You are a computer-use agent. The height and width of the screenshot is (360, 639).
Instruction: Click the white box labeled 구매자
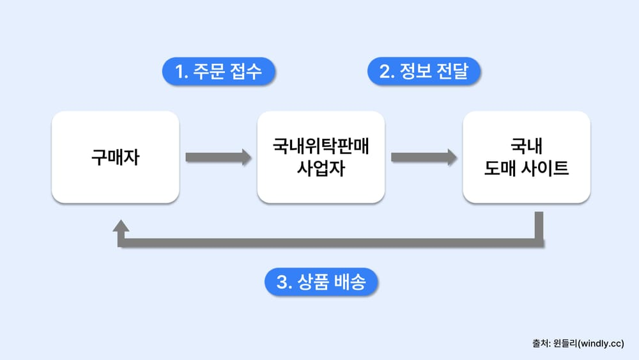tap(115, 157)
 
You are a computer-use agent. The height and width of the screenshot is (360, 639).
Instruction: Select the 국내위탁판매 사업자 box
tap(321, 157)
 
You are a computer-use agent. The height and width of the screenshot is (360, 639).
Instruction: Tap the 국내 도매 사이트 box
tap(527, 157)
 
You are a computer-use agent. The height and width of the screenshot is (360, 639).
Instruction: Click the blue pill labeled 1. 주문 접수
tap(219, 72)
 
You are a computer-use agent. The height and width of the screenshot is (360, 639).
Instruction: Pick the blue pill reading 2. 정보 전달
tap(424, 72)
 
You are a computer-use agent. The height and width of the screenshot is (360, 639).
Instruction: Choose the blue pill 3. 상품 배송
tap(321, 283)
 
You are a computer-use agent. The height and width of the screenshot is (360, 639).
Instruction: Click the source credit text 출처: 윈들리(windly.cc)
tap(578, 343)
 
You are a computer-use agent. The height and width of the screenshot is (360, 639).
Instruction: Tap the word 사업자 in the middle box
tap(321, 170)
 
